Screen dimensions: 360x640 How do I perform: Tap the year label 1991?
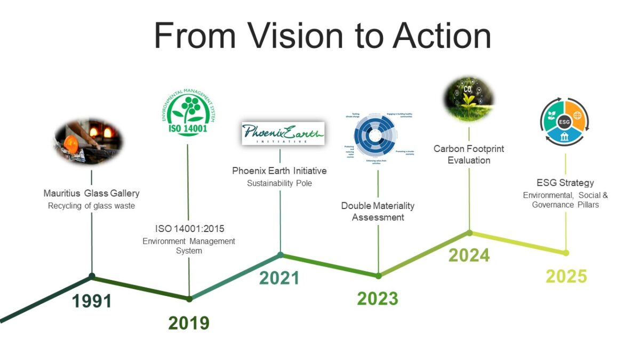[x=92, y=301]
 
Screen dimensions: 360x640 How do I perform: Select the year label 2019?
[x=189, y=323]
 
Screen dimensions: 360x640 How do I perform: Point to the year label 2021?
[x=279, y=278]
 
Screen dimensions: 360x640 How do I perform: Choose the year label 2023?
[x=378, y=299]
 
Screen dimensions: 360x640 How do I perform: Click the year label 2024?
[x=469, y=255]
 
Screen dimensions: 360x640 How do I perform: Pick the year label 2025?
[x=566, y=276]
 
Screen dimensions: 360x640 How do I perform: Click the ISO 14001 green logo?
[x=188, y=113]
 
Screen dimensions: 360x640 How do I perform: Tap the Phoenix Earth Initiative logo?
[x=283, y=133]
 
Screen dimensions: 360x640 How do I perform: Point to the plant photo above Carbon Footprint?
[x=469, y=99]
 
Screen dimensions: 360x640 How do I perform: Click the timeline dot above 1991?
[x=92, y=276]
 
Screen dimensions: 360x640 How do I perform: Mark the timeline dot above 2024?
[x=469, y=233]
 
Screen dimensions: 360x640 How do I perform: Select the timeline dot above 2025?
[x=566, y=253]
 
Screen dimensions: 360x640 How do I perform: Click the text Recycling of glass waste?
[x=91, y=206]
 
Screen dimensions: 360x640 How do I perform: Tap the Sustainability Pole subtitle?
[x=279, y=183]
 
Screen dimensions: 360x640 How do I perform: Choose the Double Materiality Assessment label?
[x=378, y=211]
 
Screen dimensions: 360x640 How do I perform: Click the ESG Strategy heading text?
[x=565, y=183]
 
